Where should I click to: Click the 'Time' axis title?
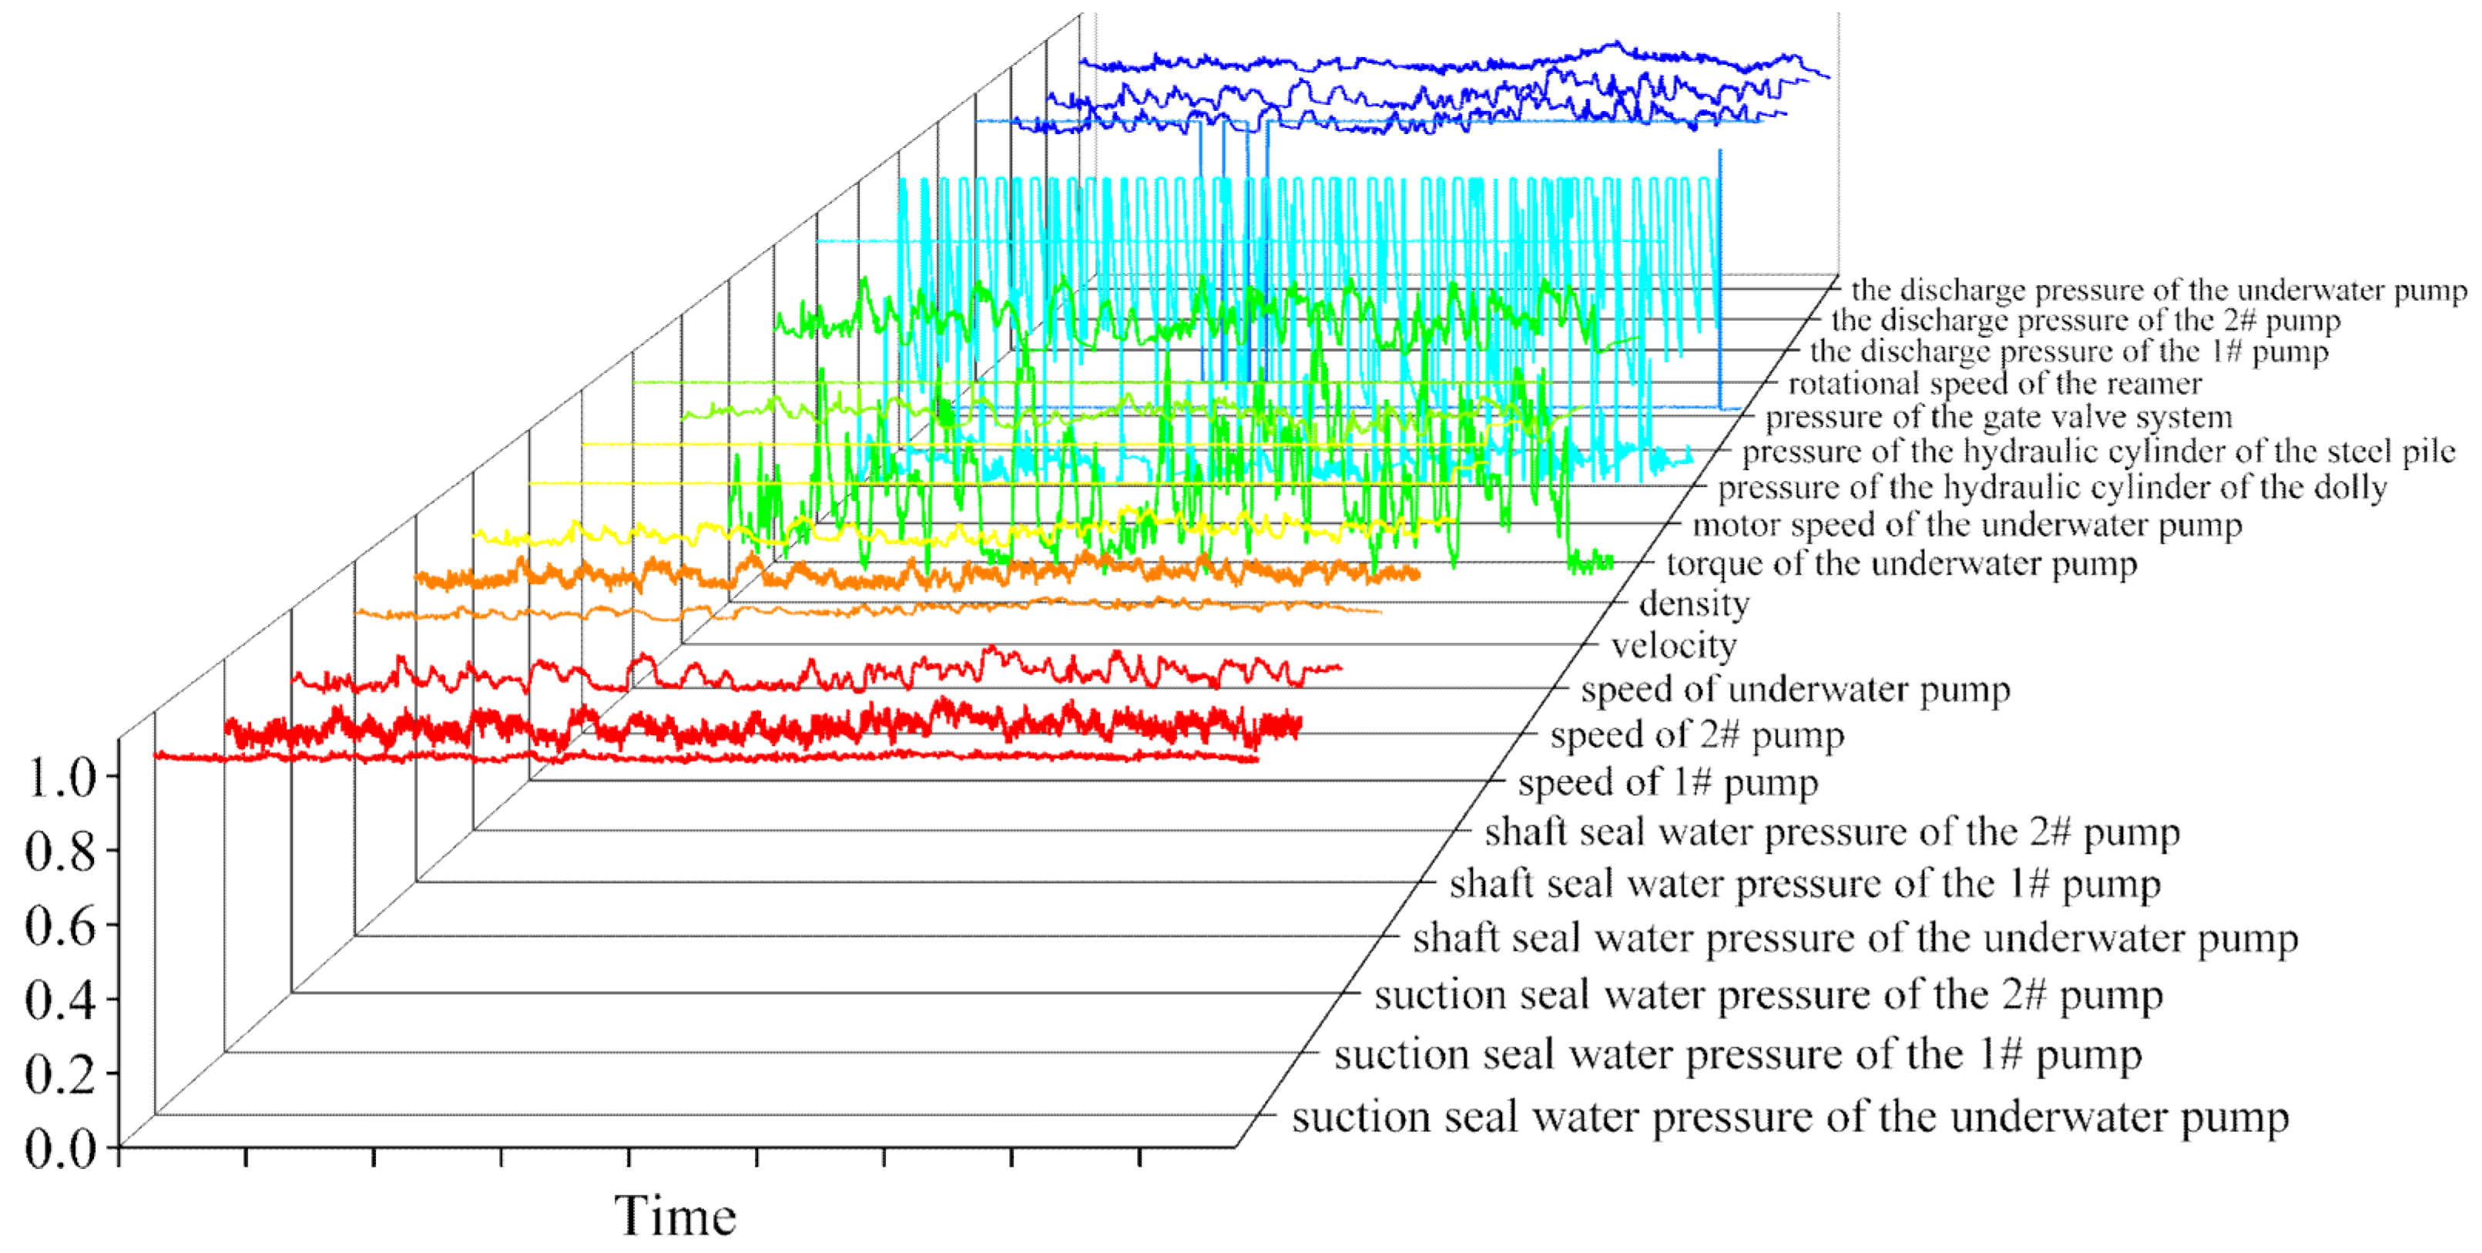[676, 1215]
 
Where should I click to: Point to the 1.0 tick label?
[62, 778]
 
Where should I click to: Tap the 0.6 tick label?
[62, 926]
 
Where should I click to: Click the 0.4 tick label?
[62, 1000]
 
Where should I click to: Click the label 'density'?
[1694, 603]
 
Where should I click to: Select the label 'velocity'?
[1674, 645]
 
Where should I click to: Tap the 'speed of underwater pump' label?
[1795, 689]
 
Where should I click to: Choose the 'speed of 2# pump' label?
[1697, 735]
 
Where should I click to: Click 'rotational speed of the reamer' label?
[1994, 384]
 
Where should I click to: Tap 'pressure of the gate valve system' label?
[1998, 418]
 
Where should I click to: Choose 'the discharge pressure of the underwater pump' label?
[2158, 290]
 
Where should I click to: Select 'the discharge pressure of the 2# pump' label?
[2085, 320]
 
